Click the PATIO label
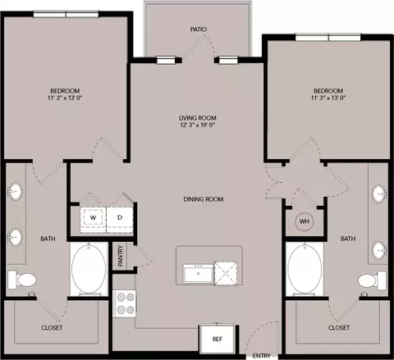(199, 30)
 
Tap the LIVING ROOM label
(198, 118)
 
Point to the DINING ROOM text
(204, 199)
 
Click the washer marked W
(93, 218)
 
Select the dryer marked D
(120, 218)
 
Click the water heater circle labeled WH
(305, 221)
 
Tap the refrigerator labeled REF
(218, 339)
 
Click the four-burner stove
(125, 303)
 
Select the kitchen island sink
(199, 274)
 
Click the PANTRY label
(120, 256)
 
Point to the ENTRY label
(261, 356)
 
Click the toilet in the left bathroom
(22, 280)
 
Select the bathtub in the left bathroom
(89, 269)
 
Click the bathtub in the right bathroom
(305, 269)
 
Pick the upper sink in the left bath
(15, 191)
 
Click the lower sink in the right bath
(379, 249)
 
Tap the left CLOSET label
(52, 327)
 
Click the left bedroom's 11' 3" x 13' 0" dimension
(65, 98)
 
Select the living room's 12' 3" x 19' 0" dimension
(198, 125)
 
